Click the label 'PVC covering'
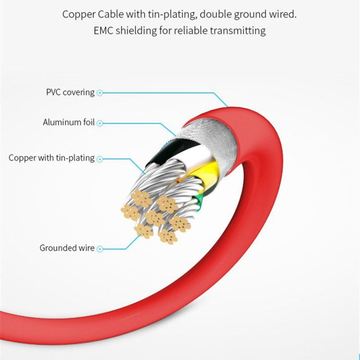pyautogui.click(x=70, y=92)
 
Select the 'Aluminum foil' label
pyautogui.click(x=69, y=122)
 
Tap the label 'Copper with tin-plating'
pyautogui.click(x=51, y=158)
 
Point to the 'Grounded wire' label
pyautogui.click(x=67, y=248)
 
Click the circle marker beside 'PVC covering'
pyautogui.click(x=100, y=93)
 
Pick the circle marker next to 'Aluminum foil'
pyautogui.click(x=100, y=123)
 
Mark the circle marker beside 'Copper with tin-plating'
pyautogui.click(x=100, y=158)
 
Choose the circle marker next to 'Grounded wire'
pyautogui.click(x=100, y=249)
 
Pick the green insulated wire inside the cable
pyautogui.click(x=198, y=204)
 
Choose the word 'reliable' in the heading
pyautogui.click(x=192, y=31)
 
